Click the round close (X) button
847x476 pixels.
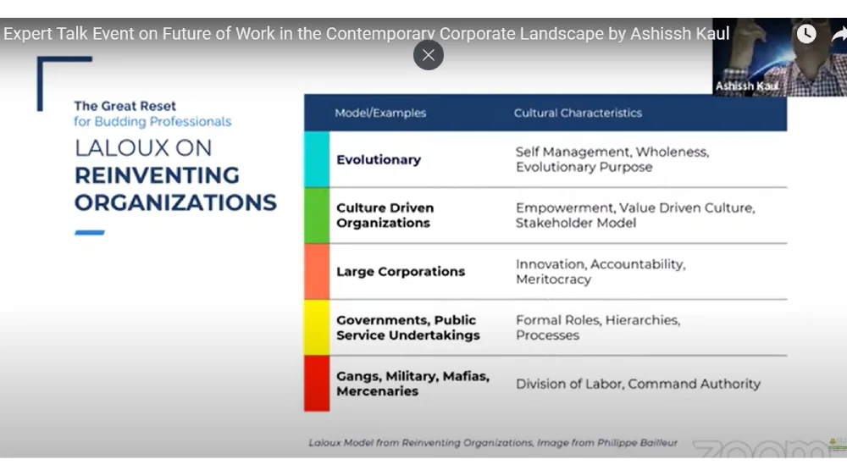tap(429, 55)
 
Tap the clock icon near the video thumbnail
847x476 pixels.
tap(806, 34)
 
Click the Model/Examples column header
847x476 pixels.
tap(380, 113)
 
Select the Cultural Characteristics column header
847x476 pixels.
tap(578, 113)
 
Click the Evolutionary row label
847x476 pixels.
tap(378, 160)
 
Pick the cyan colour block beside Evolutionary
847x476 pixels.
tap(317, 159)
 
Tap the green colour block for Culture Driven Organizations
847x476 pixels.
tap(317, 216)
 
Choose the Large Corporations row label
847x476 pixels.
tap(401, 271)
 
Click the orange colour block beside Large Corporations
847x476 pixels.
tap(317, 272)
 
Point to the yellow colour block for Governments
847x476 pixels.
tap(317, 328)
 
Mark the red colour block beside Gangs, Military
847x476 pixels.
tap(317, 384)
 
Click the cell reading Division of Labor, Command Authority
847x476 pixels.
tap(638, 385)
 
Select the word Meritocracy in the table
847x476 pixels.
tap(553, 280)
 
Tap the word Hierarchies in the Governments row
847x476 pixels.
tap(642, 320)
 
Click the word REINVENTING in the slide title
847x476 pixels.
tap(157, 175)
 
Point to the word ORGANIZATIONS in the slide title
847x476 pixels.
tap(175, 203)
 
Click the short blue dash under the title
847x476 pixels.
tap(90, 233)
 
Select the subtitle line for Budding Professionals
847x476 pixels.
tap(152, 122)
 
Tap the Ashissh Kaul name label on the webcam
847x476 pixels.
tap(747, 86)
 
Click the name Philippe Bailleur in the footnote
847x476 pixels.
tap(637, 443)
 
